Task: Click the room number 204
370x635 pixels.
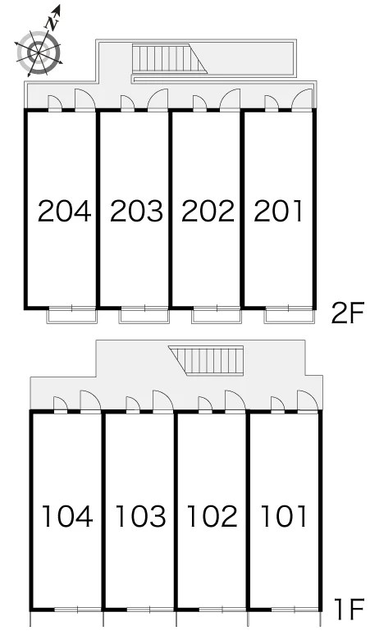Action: click(x=64, y=212)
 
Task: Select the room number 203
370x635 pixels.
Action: click(x=136, y=212)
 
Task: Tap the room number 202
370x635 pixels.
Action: click(x=208, y=212)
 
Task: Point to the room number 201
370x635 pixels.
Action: click(x=278, y=212)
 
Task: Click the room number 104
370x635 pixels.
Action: click(x=67, y=516)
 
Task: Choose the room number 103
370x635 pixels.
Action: click(x=140, y=516)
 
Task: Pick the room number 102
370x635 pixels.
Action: click(x=212, y=516)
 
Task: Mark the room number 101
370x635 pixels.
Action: click(x=283, y=516)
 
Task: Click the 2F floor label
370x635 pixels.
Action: click(x=348, y=313)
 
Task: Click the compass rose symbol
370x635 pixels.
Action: click(x=39, y=53)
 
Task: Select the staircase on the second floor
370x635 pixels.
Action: click(x=170, y=59)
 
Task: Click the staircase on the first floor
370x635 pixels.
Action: click(x=206, y=360)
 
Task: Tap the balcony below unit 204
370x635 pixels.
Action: click(x=72, y=315)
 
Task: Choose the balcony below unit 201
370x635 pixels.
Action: click(x=290, y=315)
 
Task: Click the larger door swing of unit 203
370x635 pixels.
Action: click(x=158, y=99)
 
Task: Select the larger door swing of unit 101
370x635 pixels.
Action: click(x=308, y=400)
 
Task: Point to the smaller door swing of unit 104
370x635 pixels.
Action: click(x=61, y=404)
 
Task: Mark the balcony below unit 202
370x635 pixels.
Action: click(x=217, y=315)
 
